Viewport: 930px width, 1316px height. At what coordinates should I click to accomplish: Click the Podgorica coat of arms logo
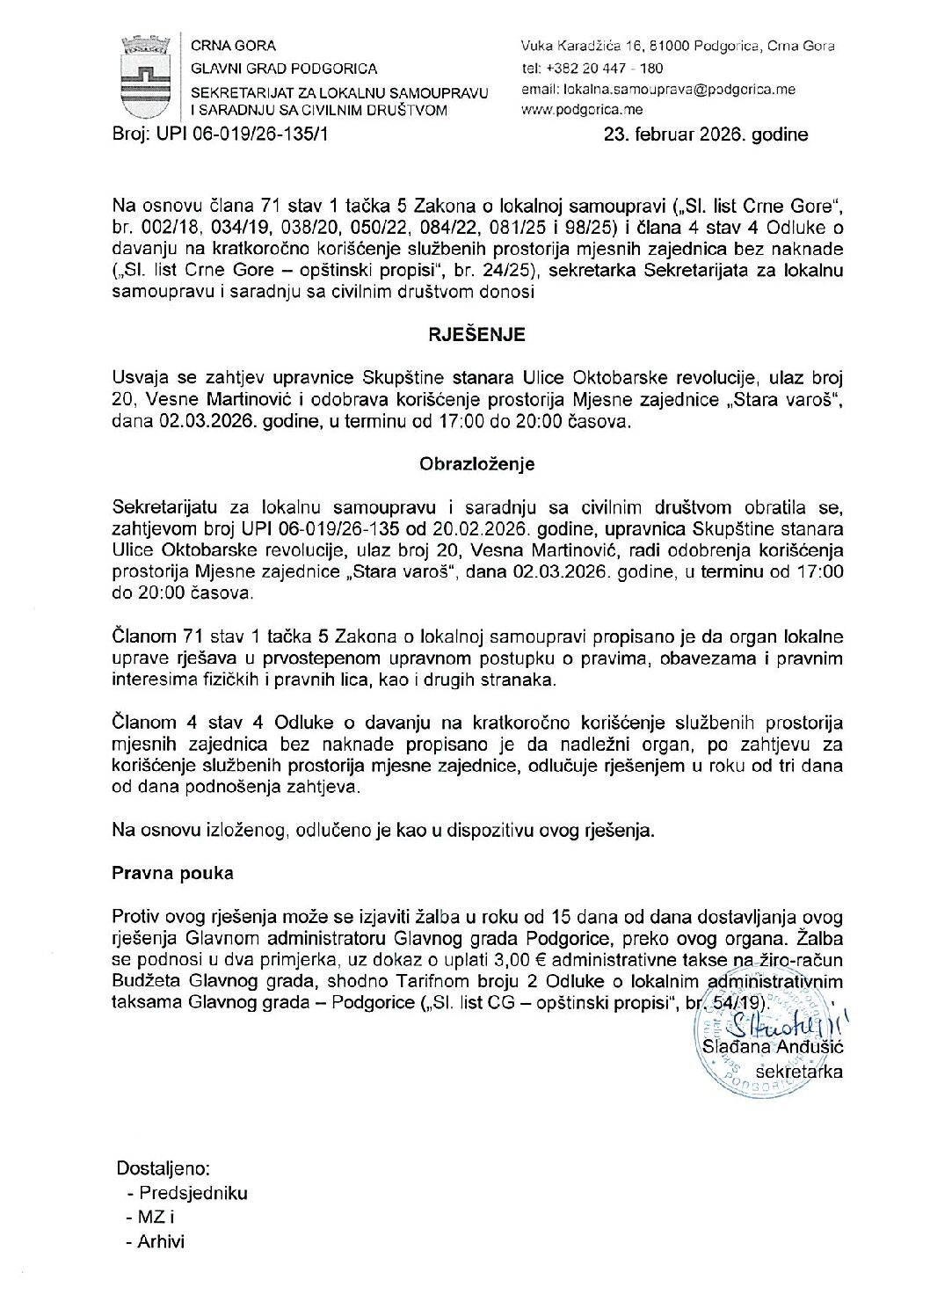(143, 76)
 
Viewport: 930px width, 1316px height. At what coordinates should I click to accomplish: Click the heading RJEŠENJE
(476, 335)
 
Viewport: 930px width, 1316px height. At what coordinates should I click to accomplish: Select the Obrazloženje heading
(476, 463)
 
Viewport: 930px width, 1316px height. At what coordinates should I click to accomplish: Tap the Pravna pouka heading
(172, 873)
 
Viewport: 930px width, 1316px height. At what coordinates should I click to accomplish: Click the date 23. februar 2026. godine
(705, 135)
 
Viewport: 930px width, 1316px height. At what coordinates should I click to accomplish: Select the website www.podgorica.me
(582, 110)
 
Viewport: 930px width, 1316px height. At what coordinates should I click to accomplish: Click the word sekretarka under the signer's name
(799, 1071)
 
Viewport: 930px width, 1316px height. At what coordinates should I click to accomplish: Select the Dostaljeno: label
(163, 1168)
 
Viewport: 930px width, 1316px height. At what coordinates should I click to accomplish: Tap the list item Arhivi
(162, 1242)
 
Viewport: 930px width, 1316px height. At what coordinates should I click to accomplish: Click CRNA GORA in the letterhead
(233, 46)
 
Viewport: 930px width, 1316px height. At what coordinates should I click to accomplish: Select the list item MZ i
(156, 1218)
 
